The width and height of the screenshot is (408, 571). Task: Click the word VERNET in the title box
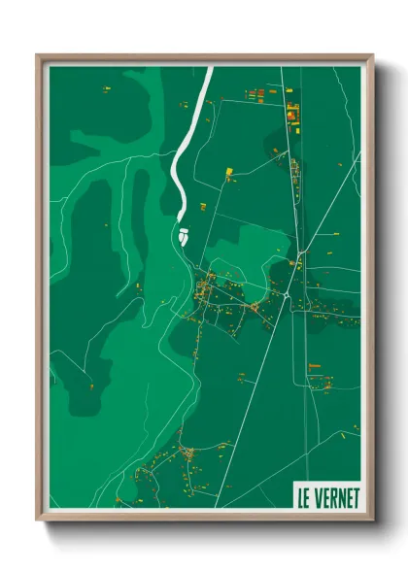pos(336,498)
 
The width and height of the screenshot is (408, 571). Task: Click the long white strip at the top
pos(189,136)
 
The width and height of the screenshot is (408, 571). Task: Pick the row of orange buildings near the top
pos(256,95)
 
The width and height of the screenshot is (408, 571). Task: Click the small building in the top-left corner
pos(106,89)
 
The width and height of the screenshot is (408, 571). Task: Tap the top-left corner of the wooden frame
pos(39,56)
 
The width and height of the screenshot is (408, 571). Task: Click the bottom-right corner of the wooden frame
pos(371,519)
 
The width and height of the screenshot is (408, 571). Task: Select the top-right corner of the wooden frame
pos(371,56)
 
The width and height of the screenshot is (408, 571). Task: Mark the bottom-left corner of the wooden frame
pos(39,519)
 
